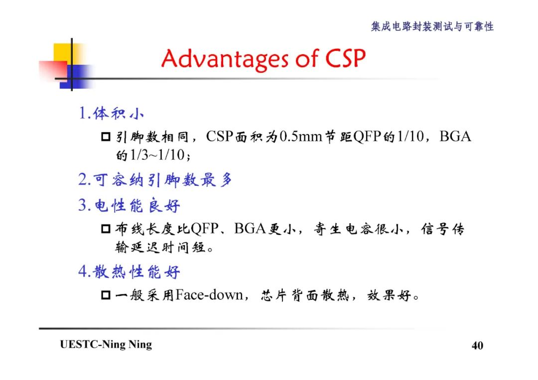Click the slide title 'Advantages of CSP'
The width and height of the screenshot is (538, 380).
(263, 59)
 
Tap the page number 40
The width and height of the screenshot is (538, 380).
(477, 346)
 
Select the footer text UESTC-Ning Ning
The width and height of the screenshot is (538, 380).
(106, 345)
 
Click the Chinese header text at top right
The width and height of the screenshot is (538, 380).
(432, 26)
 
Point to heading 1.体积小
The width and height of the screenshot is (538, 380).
(111, 114)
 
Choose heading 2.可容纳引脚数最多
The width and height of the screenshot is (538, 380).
(155, 180)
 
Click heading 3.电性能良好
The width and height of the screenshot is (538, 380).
(129, 205)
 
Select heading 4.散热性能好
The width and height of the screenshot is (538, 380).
(129, 272)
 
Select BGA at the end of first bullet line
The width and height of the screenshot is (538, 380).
(455, 136)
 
